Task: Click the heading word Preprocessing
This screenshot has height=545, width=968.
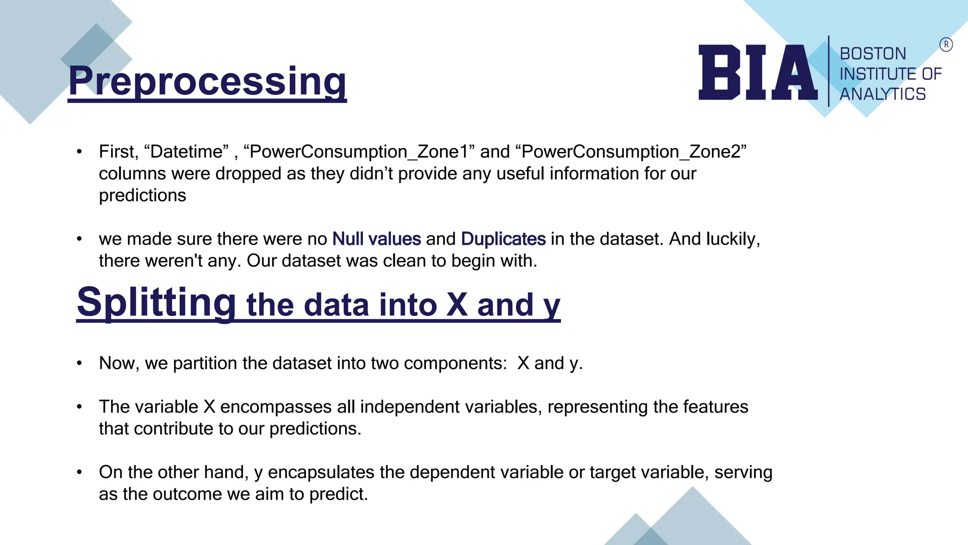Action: click(207, 81)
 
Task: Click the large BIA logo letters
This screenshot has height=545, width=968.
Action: click(758, 73)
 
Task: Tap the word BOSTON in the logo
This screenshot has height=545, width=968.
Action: click(873, 54)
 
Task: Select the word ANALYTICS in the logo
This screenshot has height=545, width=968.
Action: click(882, 94)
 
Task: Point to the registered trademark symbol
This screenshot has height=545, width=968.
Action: click(946, 45)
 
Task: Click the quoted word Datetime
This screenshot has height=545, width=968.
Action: click(186, 152)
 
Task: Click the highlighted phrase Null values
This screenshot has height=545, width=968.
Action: click(376, 239)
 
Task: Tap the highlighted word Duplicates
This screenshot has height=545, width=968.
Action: click(503, 239)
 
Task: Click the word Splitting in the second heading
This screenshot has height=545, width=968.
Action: click(156, 303)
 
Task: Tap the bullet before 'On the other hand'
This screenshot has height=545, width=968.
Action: click(79, 472)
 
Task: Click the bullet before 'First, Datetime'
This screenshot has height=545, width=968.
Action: click(79, 152)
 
